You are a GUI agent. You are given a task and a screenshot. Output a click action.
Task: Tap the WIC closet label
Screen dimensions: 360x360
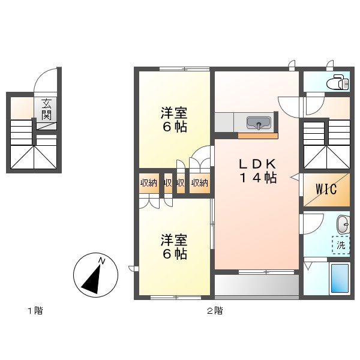click(x=326, y=188)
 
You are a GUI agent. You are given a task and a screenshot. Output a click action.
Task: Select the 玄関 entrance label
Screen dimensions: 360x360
click(x=47, y=109)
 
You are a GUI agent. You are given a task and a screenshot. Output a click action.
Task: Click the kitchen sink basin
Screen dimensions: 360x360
click(x=259, y=124)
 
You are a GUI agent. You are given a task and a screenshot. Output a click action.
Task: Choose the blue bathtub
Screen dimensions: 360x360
click(x=340, y=278)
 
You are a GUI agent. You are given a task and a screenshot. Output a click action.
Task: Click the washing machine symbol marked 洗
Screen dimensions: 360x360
click(x=341, y=245)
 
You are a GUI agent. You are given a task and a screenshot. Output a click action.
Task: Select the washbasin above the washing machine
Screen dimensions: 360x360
click(x=343, y=225)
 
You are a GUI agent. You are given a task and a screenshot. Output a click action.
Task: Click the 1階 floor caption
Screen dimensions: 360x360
click(x=35, y=311)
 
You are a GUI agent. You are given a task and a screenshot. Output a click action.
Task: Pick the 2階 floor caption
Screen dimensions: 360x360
click(x=215, y=311)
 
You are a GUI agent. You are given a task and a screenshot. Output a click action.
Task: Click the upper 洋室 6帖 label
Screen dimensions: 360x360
click(x=173, y=119)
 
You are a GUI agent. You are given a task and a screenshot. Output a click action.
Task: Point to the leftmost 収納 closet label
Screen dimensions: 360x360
click(x=149, y=183)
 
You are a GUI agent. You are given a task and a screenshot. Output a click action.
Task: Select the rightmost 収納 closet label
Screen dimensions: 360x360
click(x=199, y=183)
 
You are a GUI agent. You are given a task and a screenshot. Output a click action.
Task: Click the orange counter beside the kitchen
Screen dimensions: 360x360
click(x=257, y=136)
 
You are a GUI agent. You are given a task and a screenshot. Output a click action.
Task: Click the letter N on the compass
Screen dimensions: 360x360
click(x=102, y=261)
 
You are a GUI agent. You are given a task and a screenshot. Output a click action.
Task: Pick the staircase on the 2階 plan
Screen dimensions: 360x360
click(x=326, y=145)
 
